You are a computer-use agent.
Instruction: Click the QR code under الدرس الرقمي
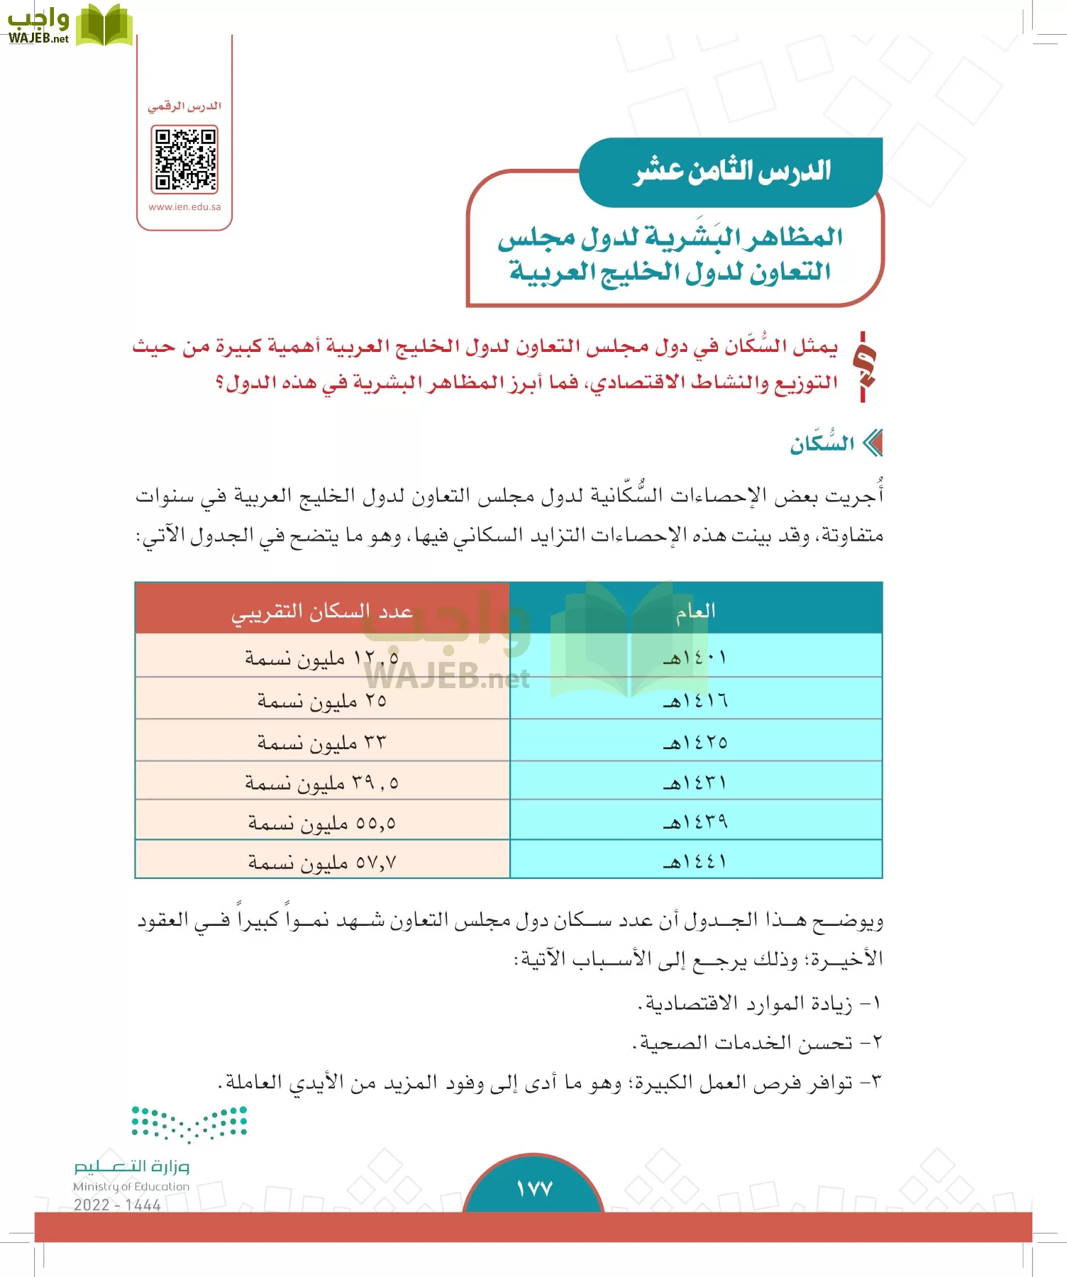184,160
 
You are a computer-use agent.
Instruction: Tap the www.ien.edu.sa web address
184,207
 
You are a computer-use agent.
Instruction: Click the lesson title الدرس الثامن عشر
732,171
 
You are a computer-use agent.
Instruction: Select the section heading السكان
822,444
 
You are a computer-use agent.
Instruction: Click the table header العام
695,611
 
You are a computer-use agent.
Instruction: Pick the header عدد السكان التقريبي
322,611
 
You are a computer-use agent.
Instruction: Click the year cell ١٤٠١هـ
695,657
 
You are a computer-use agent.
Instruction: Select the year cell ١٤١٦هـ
695,700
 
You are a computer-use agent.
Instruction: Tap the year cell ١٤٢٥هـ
695,742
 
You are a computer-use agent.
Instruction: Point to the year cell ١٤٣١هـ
695,783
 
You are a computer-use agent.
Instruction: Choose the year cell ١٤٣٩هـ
695,822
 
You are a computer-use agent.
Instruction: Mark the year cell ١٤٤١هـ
695,861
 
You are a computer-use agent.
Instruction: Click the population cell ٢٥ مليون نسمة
322,700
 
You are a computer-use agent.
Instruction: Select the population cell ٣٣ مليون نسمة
322,742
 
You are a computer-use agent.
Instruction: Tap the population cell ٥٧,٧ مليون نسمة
322,862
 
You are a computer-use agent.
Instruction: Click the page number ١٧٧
533,1188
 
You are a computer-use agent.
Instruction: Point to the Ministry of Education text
131,1186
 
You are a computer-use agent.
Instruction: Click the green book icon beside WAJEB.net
104,26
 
